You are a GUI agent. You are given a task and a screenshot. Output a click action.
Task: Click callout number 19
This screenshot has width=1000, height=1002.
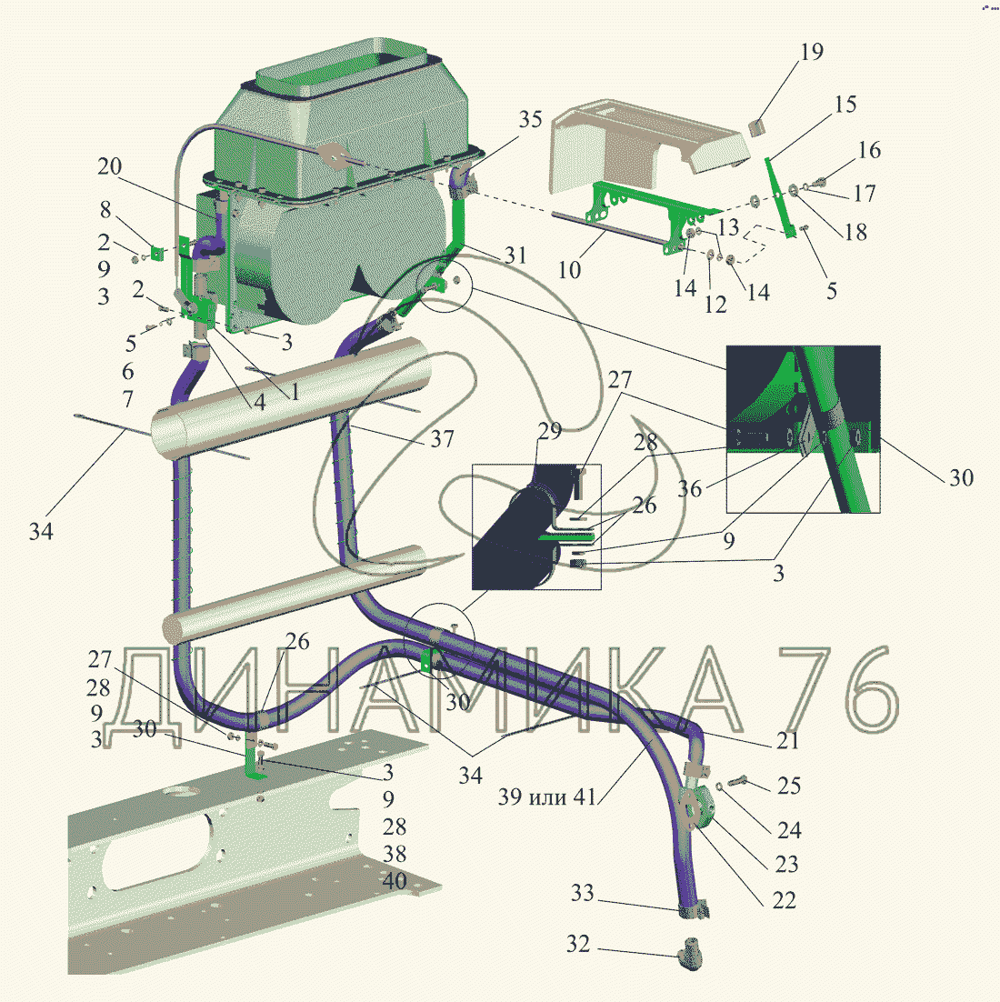pyautogui.click(x=812, y=52)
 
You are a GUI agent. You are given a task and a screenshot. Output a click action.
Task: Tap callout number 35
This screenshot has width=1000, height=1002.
pyautogui.click(x=530, y=119)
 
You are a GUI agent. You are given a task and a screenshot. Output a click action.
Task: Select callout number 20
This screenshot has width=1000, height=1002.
pyautogui.click(x=109, y=166)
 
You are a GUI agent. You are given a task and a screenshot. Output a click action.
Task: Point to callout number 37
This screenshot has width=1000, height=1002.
pyautogui.click(x=442, y=438)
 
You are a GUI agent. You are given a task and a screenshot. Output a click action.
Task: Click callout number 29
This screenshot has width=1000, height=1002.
pyautogui.click(x=549, y=431)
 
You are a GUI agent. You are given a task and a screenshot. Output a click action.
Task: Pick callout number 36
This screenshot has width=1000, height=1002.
pyautogui.click(x=689, y=489)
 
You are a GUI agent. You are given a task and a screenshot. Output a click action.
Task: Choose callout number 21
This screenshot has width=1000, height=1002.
pyautogui.click(x=787, y=740)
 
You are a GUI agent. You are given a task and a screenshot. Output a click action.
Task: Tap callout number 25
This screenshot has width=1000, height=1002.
pyautogui.click(x=789, y=786)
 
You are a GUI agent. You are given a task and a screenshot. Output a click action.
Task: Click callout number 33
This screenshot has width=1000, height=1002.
pyautogui.click(x=582, y=893)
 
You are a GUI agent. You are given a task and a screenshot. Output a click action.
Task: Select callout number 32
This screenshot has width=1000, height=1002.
pyautogui.click(x=578, y=944)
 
